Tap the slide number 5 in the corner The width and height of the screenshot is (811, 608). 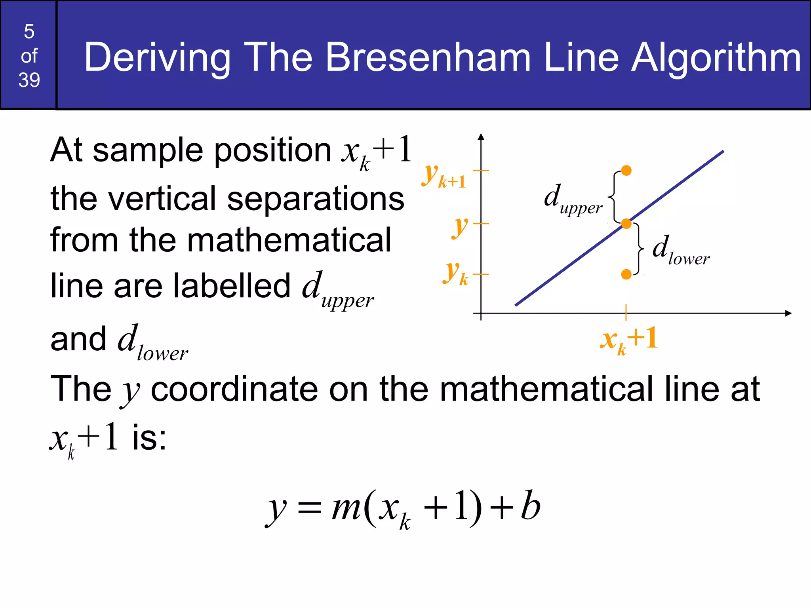click(x=29, y=32)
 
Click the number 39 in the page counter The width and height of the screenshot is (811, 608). click(x=29, y=80)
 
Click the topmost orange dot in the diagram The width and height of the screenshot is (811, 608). click(x=626, y=171)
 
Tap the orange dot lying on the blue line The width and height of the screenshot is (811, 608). click(x=626, y=224)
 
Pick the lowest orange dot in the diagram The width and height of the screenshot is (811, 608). click(x=626, y=274)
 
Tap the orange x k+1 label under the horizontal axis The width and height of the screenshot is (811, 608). click(x=629, y=340)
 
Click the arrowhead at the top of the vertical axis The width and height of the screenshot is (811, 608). click(x=481, y=137)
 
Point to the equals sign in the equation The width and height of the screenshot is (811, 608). click(x=309, y=509)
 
